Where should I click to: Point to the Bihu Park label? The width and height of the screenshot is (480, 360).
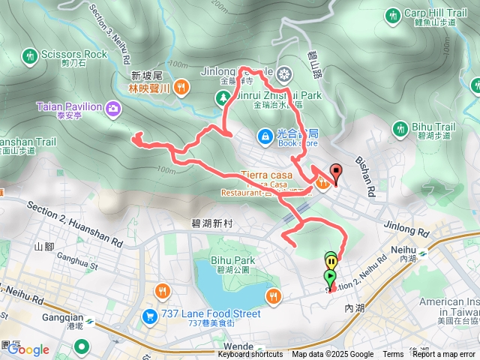pyautogui.click(x=234, y=260)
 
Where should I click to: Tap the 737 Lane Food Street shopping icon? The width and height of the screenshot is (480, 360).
pyautogui.click(x=148, y=316)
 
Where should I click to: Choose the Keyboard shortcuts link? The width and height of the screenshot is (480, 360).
pyautogui.click(x=251, y=355)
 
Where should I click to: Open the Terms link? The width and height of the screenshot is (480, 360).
pyautogui.click(x=393, y=355)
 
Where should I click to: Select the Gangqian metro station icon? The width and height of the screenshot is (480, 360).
pyautogui.click(x=90, y=321)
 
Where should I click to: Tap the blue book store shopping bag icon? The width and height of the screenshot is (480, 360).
pyautogui.click(x=264, y=136)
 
